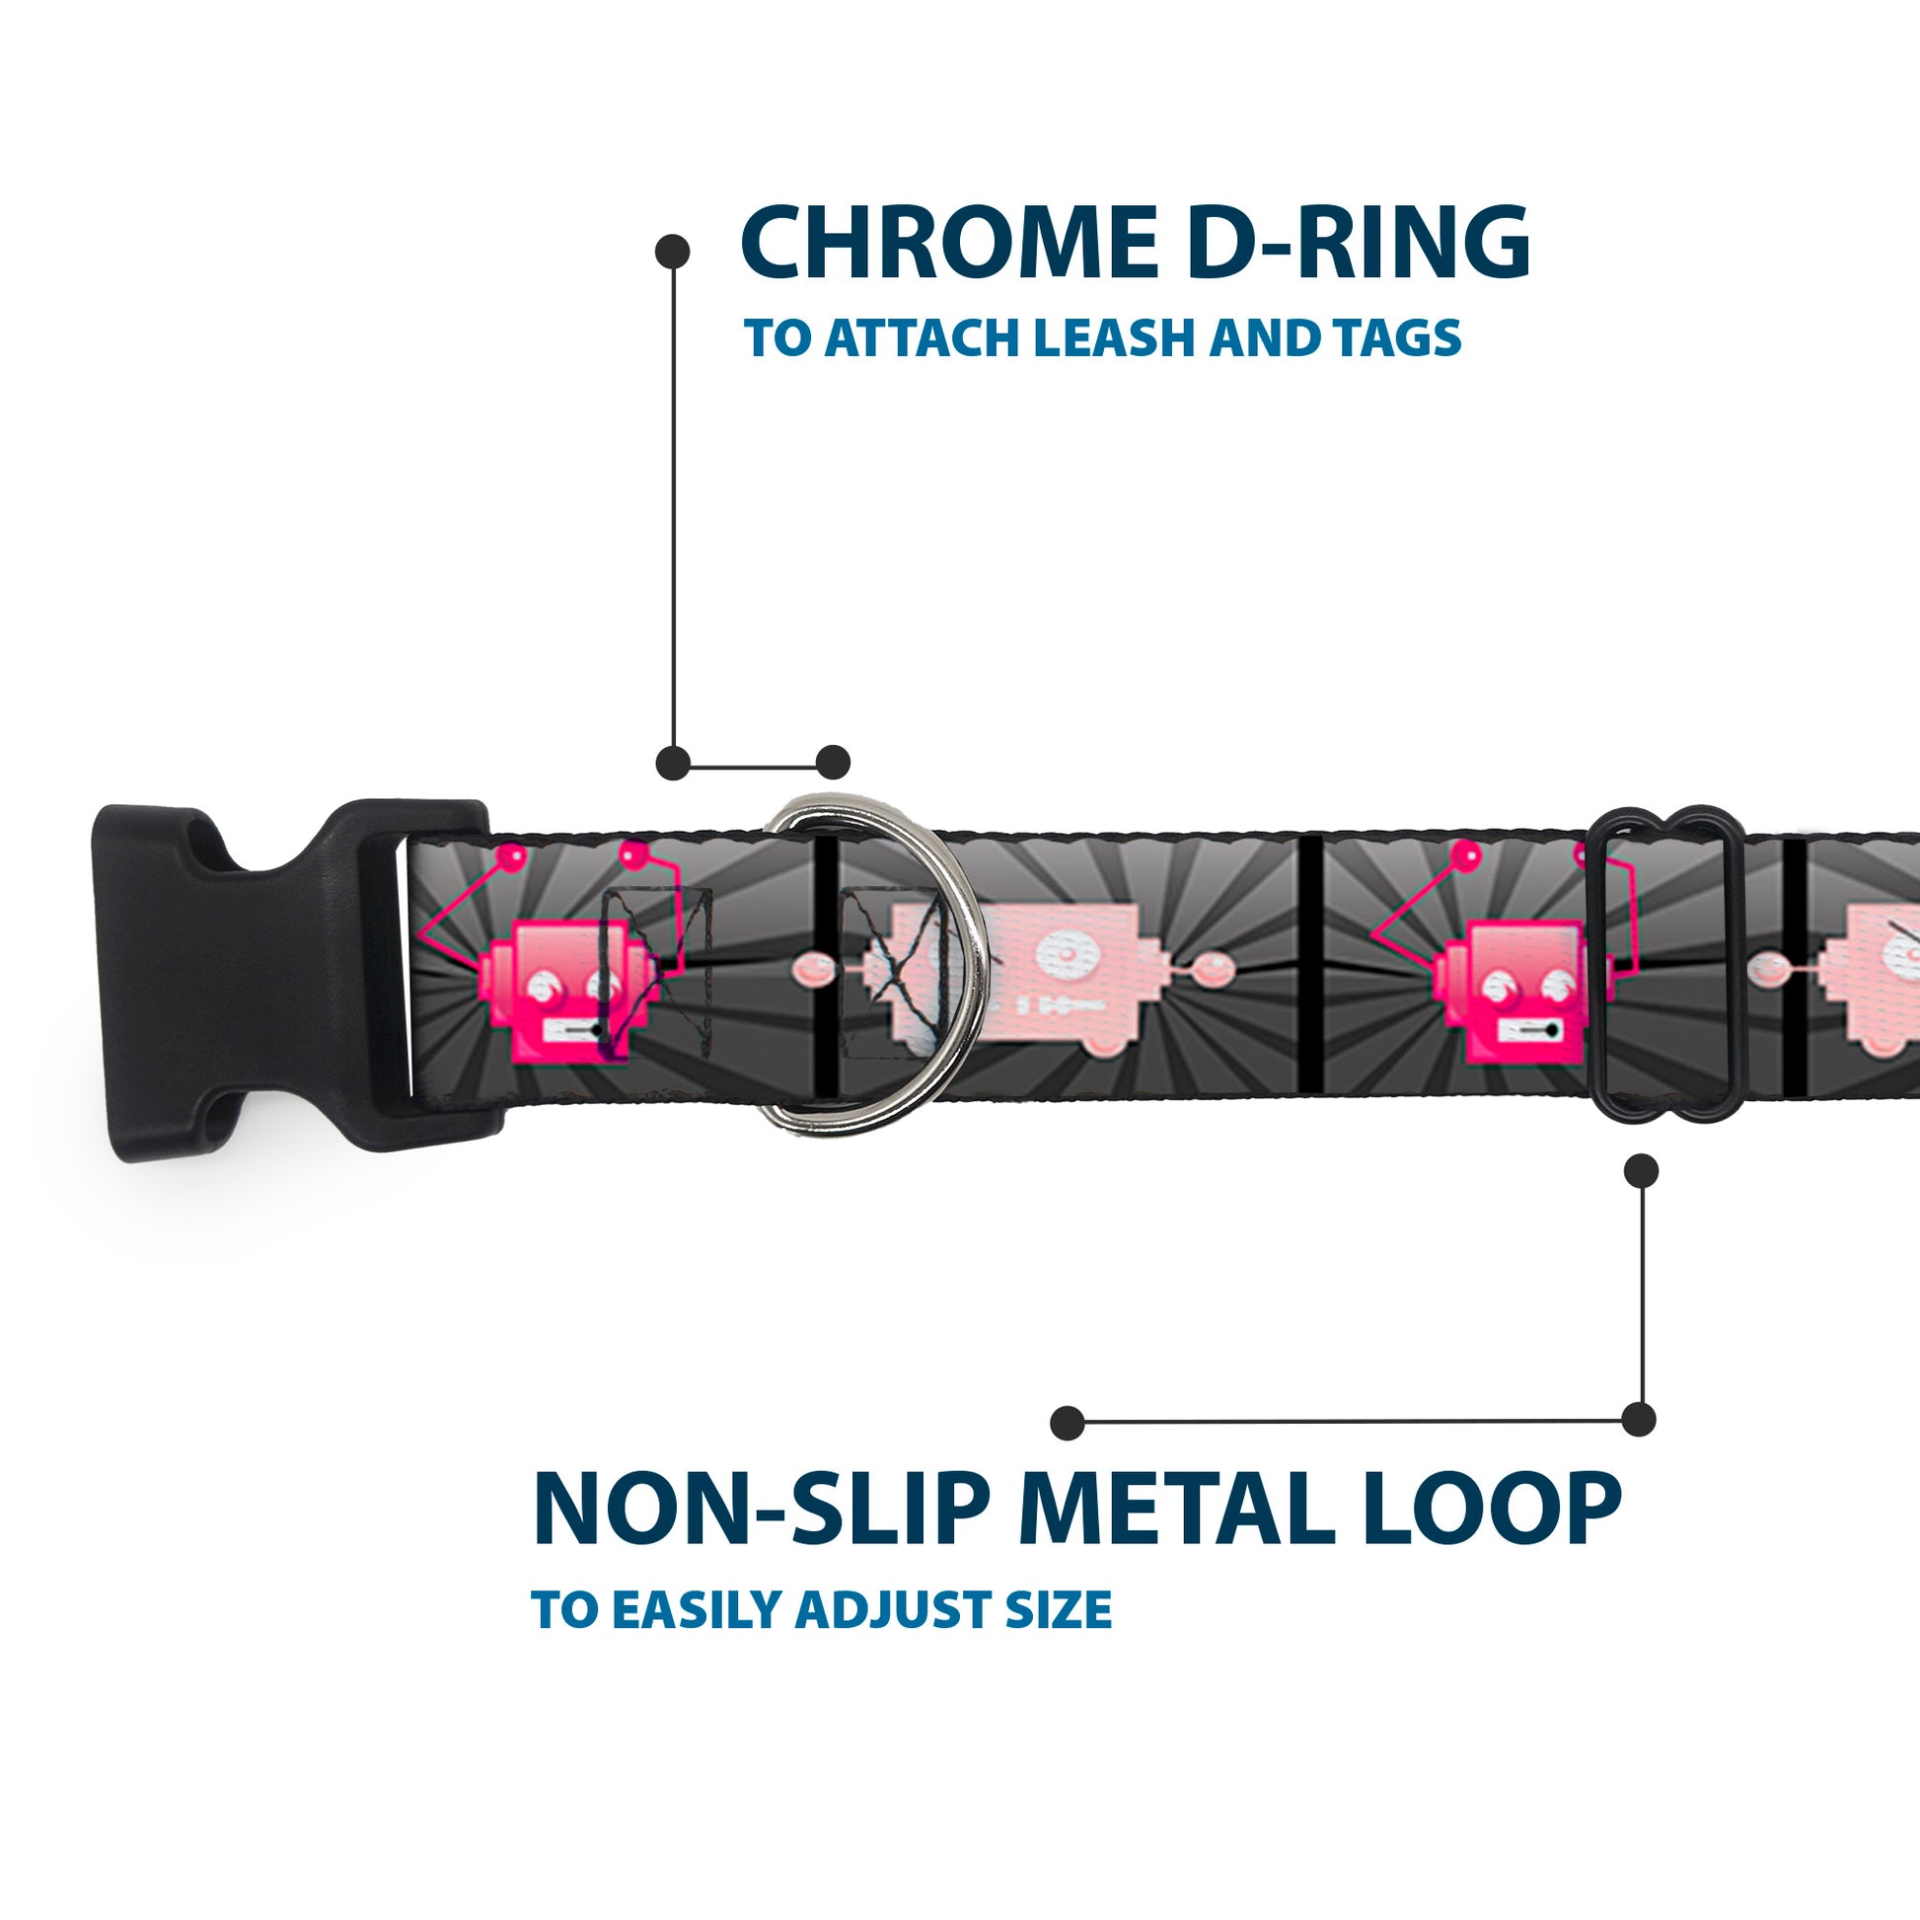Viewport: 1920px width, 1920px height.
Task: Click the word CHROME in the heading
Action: [x=949, y=245]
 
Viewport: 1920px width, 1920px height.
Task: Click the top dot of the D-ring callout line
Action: [x=673, y=252]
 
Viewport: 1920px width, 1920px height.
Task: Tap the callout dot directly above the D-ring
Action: [x=833, y=763]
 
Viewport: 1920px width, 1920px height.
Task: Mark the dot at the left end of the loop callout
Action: [x=1067, y=1422]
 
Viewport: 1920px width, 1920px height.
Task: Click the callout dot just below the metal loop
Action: [x=1641, y=1172]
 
